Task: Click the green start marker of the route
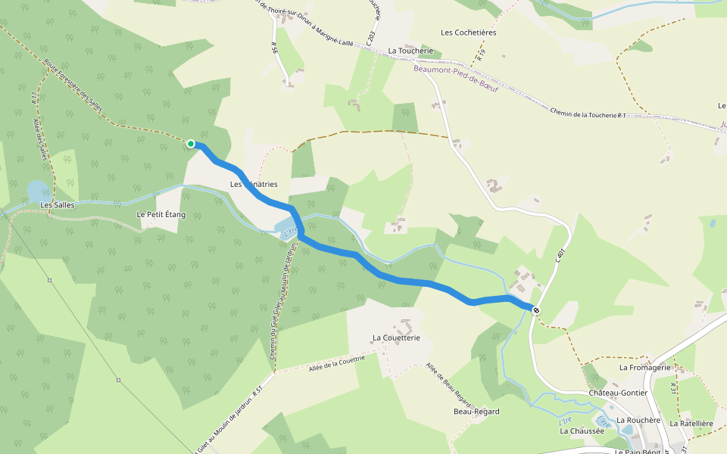click(191, 144)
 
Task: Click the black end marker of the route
click(536, 309)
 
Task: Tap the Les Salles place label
click(57, 205)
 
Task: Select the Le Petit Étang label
click(161, 215)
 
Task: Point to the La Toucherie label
click(410, 51)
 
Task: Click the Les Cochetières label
click(468, 33)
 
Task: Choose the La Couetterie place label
click(395, 337)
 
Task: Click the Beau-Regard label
click(476, 412)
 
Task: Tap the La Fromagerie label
click(645, 368)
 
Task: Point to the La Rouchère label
click(639, 420)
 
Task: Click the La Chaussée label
click(582, 431)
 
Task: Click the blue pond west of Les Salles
click(36, 191)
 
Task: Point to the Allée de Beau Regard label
click(448, 385)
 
